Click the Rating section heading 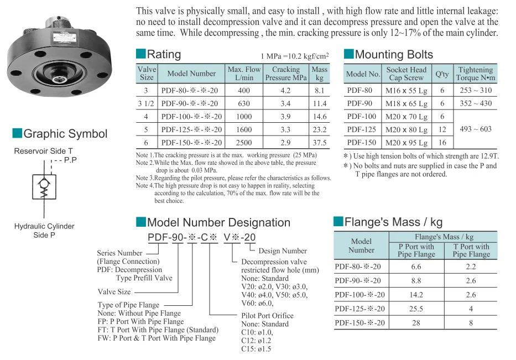164,54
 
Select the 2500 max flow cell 244,142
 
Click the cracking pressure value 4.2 285,90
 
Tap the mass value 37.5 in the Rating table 320,142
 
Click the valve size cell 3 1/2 147,103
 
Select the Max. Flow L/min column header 244,74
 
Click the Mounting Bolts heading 394,54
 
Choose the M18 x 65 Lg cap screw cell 406,103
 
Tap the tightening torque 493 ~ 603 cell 476,129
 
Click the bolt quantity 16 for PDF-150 442,142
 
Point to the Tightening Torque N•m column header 476,74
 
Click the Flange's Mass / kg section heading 393,222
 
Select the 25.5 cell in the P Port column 416,309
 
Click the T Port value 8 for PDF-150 471,322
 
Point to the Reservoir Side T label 43,150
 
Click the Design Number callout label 283,251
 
